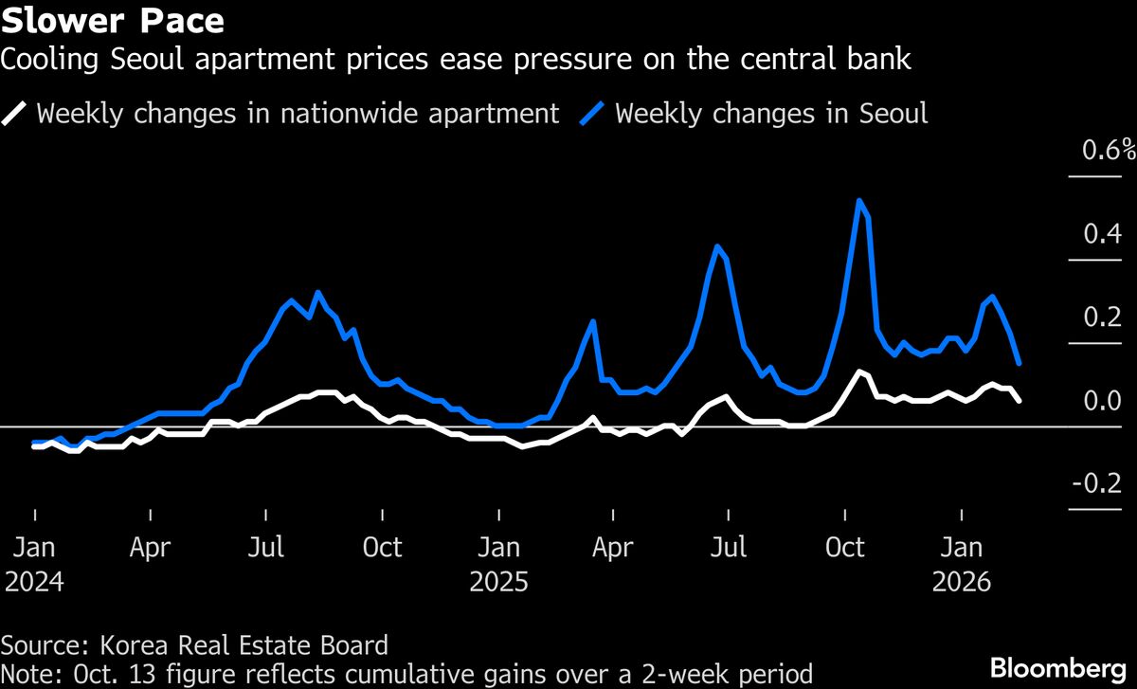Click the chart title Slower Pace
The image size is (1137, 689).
(x=113, y=20)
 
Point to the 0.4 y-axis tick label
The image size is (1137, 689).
(x=1102, y=234)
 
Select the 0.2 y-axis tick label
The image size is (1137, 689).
(x=1102, y=317)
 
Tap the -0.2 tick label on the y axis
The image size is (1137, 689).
(x=1097, y=484)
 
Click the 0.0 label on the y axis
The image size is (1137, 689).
(x=1102, y=401)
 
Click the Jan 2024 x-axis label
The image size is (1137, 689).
(x=34, y=563)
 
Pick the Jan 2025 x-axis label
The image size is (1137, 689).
(x=498, y=563)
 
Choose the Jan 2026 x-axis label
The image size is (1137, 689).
(x=963, y=563)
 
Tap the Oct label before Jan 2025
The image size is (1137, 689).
(x=383, y=548)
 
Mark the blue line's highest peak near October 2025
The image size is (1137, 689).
(x=858, y=201)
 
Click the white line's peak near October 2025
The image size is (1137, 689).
(x=858, y=372)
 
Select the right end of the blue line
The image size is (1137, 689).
(x=1019, y=363)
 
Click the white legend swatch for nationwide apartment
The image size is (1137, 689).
(x=16, y=114)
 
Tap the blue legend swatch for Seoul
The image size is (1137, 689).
(x=595, y=114)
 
